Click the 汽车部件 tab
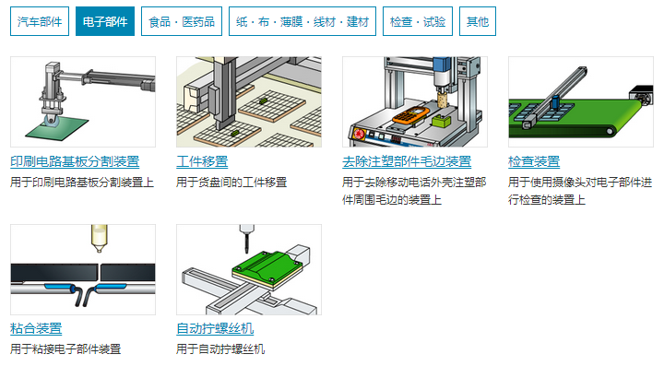(40, 21)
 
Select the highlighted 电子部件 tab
(104, 21)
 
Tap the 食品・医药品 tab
(182, 21)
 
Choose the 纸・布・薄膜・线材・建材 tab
(302, 21)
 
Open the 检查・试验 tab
(418, 21)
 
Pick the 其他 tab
(477, 21)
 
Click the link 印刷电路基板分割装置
(75, 162)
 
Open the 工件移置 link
(202, 162)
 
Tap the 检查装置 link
(534, 162)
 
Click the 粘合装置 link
(36, 329)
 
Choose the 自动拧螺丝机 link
(215, 329)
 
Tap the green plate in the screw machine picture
(267, 265)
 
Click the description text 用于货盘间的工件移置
(231, 183)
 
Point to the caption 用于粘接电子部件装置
(65, 349)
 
